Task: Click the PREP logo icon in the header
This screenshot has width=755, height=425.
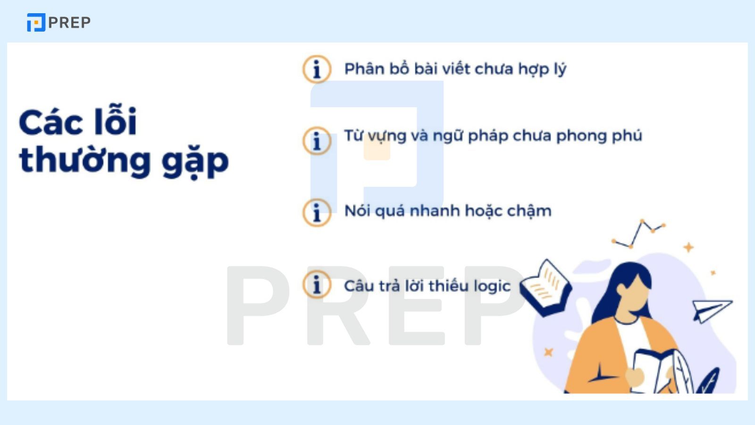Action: click(36, 22)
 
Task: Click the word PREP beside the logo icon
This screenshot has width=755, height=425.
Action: click(69, 22)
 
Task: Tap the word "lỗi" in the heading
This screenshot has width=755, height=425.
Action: click(115, 120)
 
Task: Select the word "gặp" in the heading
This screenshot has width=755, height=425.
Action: click(195, 162)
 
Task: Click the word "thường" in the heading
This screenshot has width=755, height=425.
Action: click(85, 161)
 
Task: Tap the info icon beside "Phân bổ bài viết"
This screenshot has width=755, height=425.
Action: click(317, 69)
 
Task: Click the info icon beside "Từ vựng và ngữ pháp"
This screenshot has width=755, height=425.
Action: click(317, 140)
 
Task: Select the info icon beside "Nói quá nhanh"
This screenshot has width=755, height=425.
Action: click(317, 212)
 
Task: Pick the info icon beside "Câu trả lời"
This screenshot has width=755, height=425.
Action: click(317, 284)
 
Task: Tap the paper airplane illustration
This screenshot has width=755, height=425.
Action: click(712, 310)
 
